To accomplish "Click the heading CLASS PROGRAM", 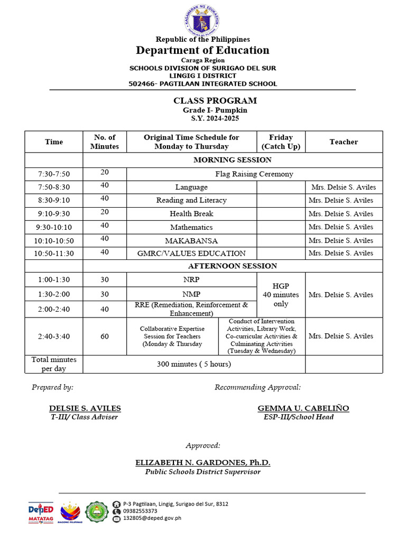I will coord(208,100).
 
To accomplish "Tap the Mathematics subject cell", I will coord(191,227).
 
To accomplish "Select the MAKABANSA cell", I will coord(191,240).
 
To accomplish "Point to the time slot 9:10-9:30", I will coord(54,214).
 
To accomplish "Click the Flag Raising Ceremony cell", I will coord(254,174).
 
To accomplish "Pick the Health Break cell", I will coord(191,214).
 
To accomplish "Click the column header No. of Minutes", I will coord(105,142).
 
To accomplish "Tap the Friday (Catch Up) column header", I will coord(281,142).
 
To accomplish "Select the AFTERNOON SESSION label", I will coord(233,266).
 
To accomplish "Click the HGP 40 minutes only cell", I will coord(281,295).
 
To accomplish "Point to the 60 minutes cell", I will coord(105,336).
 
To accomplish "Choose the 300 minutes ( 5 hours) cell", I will coord(193,364).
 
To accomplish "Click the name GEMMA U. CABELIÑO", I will coord(303,408).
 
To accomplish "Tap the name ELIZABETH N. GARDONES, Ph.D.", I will coord(203,462).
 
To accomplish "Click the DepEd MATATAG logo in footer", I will coord(41,512).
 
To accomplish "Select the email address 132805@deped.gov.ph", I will coord(152,518).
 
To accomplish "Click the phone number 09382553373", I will coord(140,511).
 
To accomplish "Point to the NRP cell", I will coord(191,279).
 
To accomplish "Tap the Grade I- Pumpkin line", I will coord(208,110).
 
